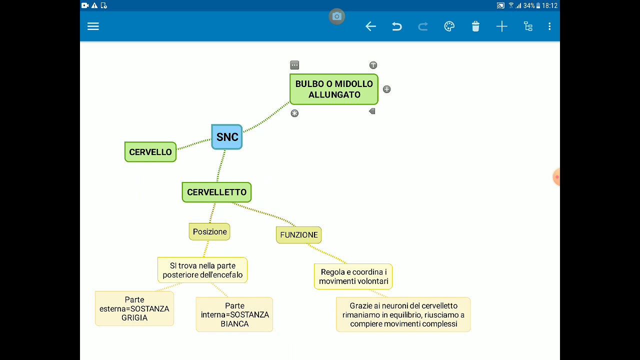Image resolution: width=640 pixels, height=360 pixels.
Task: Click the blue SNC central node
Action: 227,137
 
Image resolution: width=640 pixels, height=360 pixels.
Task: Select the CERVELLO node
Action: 150,152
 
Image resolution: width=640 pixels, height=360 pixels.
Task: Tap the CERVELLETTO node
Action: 216,192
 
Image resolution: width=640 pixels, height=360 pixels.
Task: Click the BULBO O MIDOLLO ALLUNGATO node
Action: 334,89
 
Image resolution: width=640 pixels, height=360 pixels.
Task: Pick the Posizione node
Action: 209,231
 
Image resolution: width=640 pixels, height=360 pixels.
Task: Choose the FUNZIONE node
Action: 298,234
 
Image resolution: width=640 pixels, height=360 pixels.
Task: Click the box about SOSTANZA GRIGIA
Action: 134,308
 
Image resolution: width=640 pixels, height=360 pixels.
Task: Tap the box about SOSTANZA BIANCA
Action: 234,314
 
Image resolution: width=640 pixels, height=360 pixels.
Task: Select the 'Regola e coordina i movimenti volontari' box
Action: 353,276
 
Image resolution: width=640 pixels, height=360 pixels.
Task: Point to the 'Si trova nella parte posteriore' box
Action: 202,270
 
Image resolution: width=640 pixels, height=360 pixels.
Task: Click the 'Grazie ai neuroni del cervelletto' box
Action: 403,314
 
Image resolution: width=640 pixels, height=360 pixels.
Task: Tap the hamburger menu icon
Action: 93,26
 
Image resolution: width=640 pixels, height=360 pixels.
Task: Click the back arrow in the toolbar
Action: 370,26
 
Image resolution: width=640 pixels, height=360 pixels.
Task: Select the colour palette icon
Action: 449,26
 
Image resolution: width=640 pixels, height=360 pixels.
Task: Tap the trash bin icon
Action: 475,26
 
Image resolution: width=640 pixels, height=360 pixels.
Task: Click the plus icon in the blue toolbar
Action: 501,26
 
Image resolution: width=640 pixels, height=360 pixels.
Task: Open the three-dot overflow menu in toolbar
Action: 549,26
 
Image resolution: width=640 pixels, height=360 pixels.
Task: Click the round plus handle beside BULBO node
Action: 386,89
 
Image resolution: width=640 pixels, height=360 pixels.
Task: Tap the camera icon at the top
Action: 337,16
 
